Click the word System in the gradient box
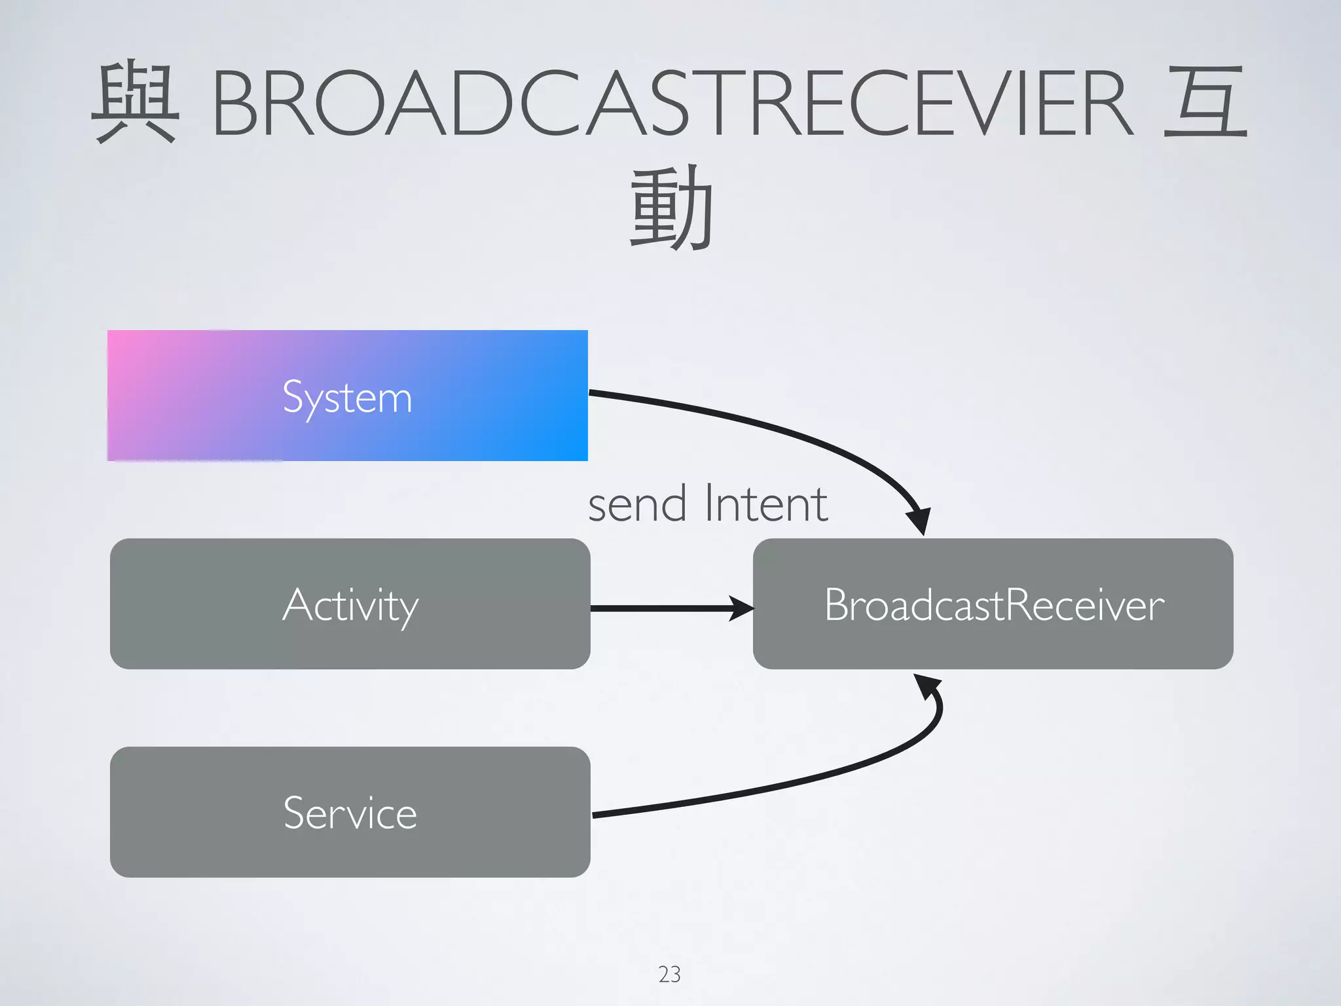tap(347, 397)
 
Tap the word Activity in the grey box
tap(350, 605)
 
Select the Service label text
tap(350, 813)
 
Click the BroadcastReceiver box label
tap(993, 605)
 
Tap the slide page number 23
tap(669, 975)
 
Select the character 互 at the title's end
tap(1205, 102)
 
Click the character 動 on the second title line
tap(670, 208)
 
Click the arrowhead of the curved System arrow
tap(919, 521)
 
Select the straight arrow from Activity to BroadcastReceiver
tap(661, 608)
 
